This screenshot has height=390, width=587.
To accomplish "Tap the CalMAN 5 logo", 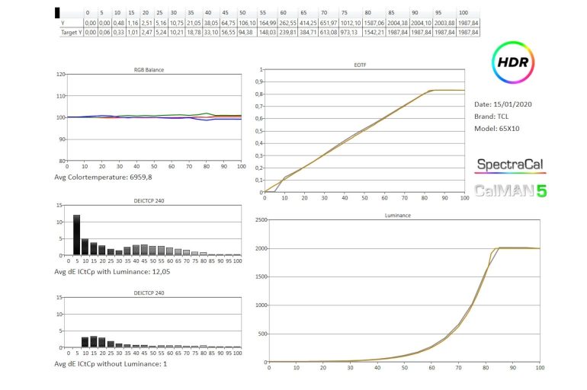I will click(511, 190).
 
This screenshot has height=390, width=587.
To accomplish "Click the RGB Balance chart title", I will click(149, 69).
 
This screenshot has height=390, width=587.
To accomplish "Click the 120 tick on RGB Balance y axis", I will click(61, 75).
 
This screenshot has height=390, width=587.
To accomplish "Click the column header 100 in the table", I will click(464, 13).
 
